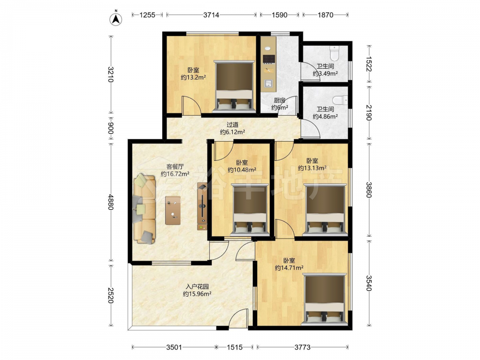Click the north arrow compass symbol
click(x=116, y=18)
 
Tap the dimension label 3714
click(x=211, y=15)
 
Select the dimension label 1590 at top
click(x=279, y=15)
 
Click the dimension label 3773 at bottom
click(x=302, y=347)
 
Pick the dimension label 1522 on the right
click(x=369, y=64)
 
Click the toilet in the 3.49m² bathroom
click(x=334, y=53)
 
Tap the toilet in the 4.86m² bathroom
click(x=340, y=100)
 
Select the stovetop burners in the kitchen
click(x=269, y=59)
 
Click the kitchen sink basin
click(x=269, y=83)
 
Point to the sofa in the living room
click(x=144, y=209)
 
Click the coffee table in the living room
click(x=173, y=210)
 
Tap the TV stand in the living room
click(x=203, y=206)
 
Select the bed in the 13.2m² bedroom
click(x=234, y=86)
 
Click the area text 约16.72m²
click(x=175, y=174)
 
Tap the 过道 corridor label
click(x=232, y=125)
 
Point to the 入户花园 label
click(x=197, y=287)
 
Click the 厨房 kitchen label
click(x=279, y=100)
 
